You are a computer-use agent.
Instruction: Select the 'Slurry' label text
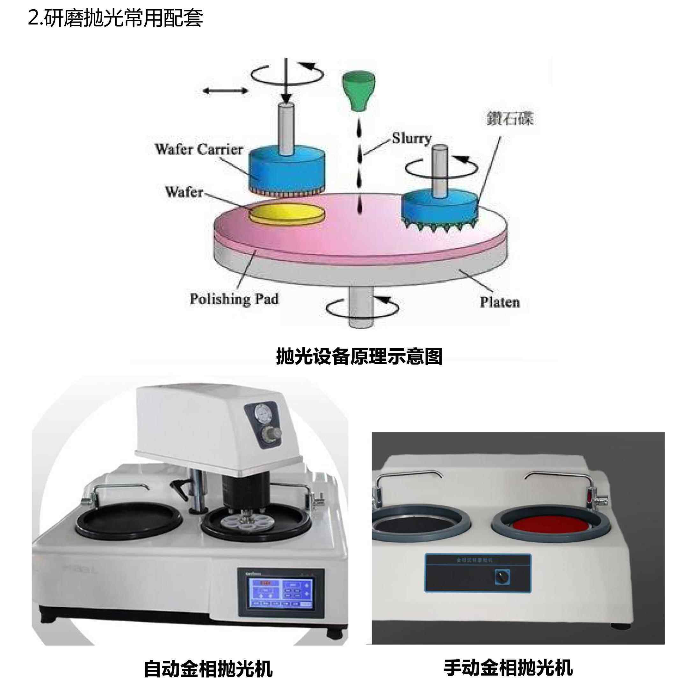coord(411,138)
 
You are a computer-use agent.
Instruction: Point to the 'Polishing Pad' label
coord(234,299)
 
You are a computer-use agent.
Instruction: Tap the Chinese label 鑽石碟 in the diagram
coord(510,119)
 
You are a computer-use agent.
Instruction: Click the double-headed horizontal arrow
coord(225,90)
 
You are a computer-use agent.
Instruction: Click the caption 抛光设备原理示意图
coord(359,356)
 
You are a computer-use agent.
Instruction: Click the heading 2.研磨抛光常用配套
coord(115,18)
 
